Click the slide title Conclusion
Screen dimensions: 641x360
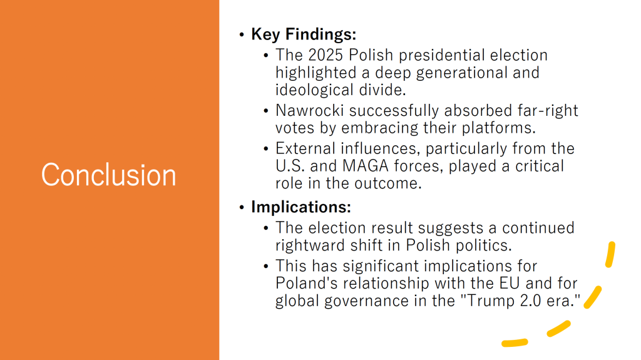click(108, 175)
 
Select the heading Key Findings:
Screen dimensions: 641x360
click(304, 34)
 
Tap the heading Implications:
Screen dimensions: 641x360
click(301, 207)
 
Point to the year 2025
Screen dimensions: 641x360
click(325, 55)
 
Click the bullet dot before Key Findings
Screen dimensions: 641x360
click(242, 35)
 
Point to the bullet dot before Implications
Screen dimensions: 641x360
click(242, 207)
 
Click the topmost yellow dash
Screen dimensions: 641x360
click(610, 254)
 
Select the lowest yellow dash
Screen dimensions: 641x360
click(515, 342)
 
